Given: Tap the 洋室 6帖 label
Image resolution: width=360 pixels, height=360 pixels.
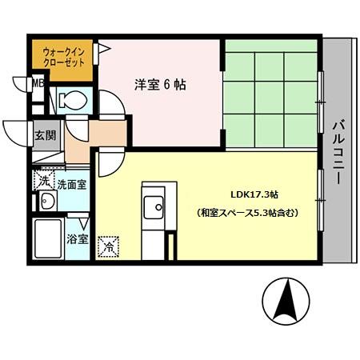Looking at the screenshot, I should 159,83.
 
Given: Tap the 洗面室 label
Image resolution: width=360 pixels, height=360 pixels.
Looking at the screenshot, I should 71,184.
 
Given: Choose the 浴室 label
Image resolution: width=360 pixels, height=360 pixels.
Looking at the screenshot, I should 77,238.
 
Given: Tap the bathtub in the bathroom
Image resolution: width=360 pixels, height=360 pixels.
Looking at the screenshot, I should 50,239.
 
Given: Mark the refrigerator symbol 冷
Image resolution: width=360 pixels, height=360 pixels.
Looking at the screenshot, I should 107,246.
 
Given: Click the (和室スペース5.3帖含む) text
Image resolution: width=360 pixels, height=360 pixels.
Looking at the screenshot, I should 247,214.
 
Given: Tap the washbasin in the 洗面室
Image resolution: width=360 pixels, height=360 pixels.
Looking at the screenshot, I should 45,202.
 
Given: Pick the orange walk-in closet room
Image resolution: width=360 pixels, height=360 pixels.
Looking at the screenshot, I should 62,60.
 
